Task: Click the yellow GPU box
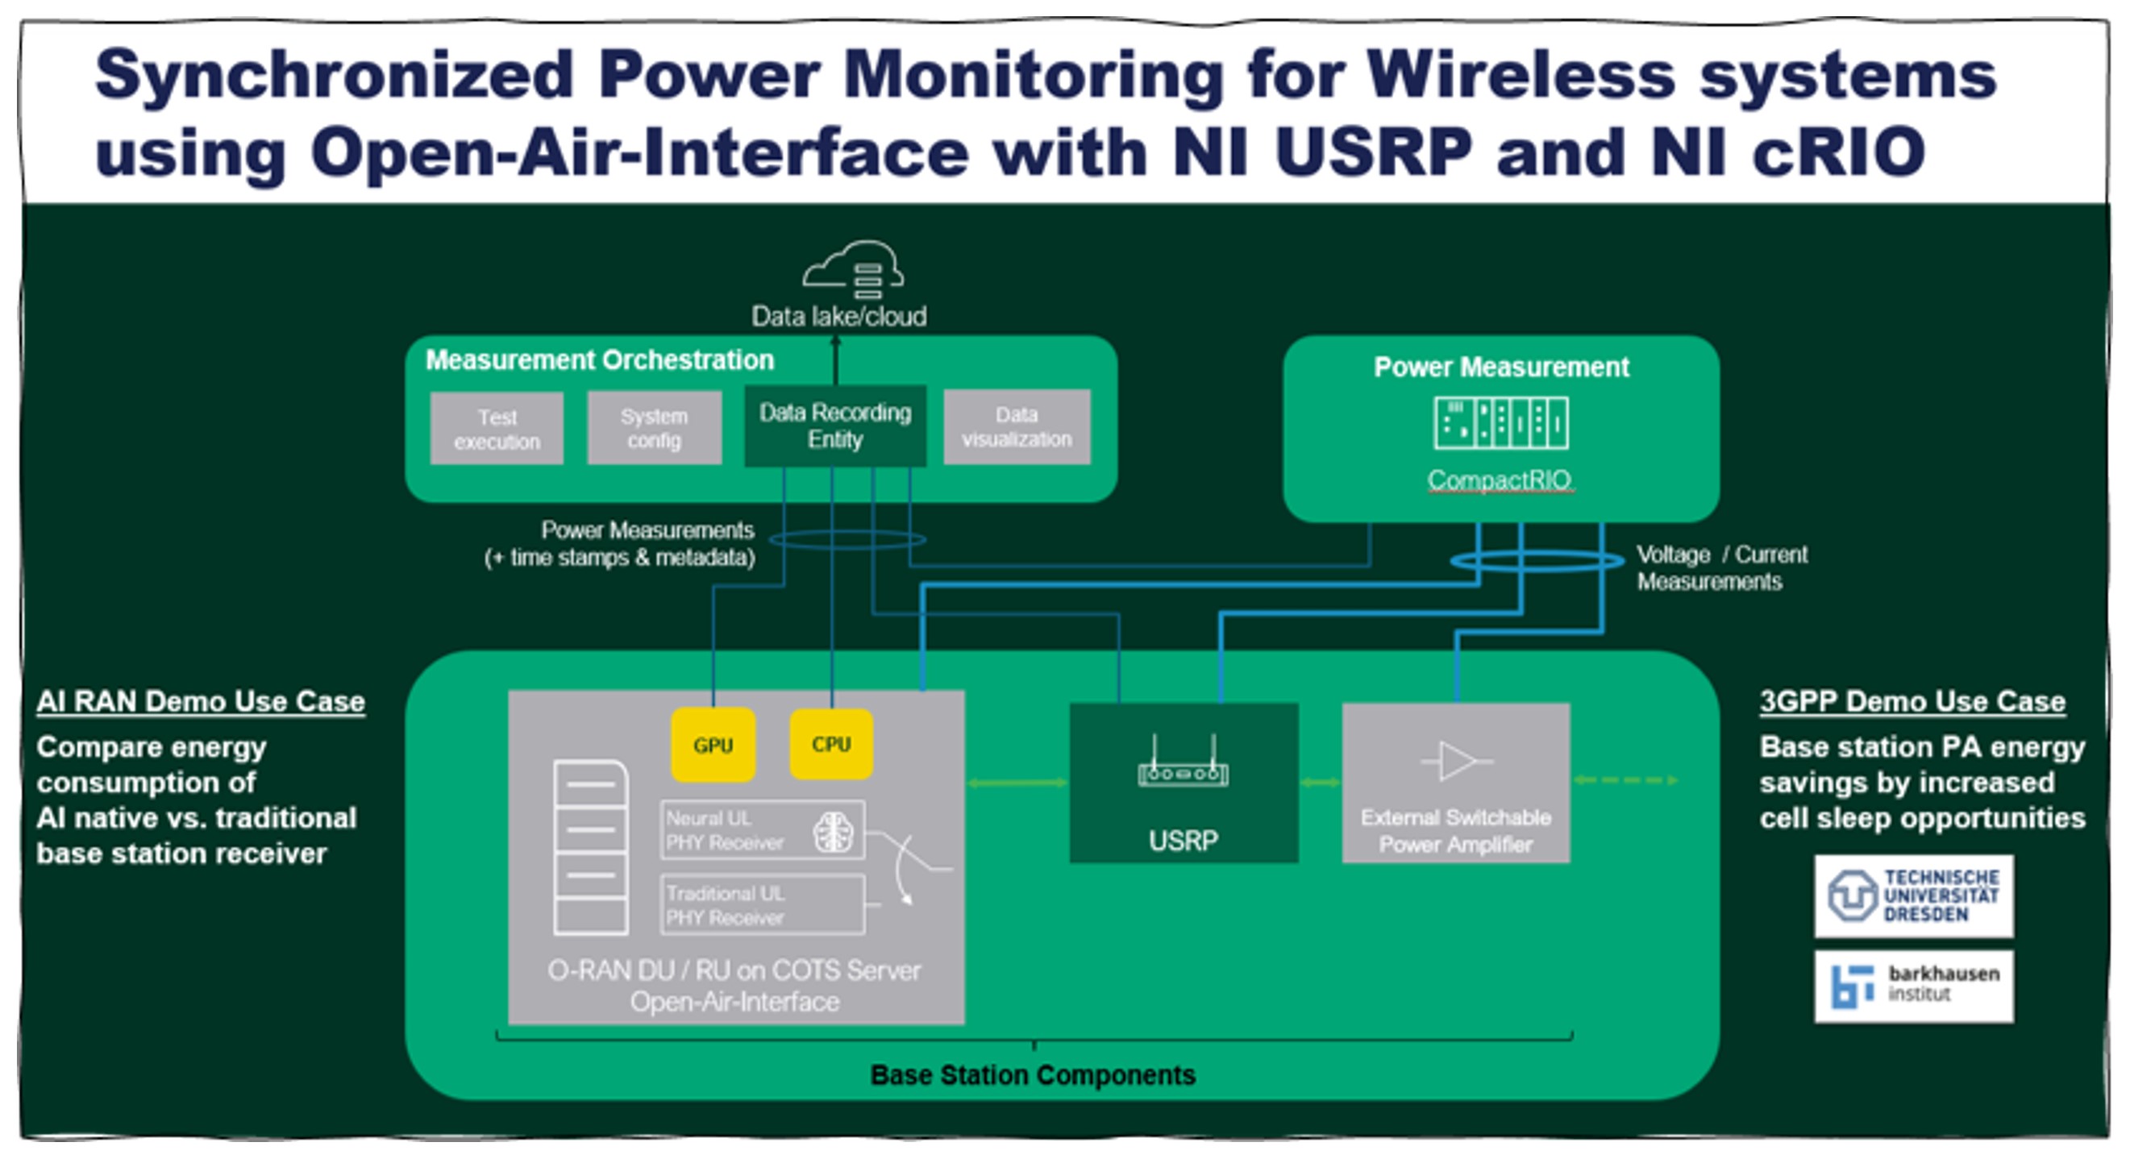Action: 713,745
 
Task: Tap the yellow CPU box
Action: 831,744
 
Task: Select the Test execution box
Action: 497,428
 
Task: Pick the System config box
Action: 654,427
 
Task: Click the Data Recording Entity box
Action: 835,426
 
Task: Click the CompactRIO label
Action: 1499,480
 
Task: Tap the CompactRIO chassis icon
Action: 1501,423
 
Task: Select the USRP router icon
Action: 1183,765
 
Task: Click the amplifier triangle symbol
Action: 1457,761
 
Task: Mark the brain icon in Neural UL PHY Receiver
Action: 833,831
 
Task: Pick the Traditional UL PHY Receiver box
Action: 763,905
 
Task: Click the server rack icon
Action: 590,847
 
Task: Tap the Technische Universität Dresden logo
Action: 1913,896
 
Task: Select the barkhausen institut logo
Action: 1913,986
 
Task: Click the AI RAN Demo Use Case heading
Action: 201,701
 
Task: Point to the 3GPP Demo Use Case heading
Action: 1912,701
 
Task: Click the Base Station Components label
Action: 1033,1074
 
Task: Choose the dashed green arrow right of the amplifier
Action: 1625,780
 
